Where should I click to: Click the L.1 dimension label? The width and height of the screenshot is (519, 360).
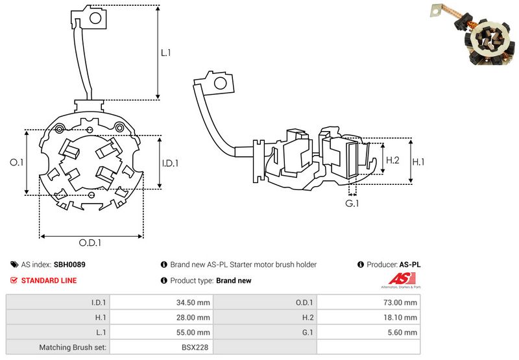click(165, 53)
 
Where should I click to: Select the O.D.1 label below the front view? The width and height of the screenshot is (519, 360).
click(91, 243)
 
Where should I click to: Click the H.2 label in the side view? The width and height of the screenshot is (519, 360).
click(392, 160)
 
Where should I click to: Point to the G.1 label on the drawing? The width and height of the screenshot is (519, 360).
click(352, 204)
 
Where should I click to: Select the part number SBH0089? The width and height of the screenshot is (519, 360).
click(69, 265)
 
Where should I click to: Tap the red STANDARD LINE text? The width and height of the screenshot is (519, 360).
click(49, 281)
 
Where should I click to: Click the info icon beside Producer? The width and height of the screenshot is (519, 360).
click(361, 265)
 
